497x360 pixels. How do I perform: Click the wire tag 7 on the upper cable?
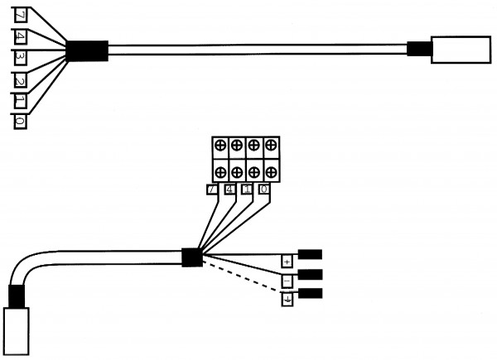[x=20, y=15]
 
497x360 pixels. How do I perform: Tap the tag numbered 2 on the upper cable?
[x=20, y=80]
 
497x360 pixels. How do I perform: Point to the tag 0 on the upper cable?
[x=20, y=122]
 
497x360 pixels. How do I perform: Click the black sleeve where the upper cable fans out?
[x=86, y=50]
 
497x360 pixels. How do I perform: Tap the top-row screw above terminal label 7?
[x=220, y=146]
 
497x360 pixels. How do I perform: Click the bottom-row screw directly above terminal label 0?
[x=270, y=172]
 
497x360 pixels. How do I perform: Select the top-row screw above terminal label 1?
[x=253, y=146]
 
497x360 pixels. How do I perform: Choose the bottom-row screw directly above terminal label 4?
[x=237, y=172]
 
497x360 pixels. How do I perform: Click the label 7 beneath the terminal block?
[x=213, y=190]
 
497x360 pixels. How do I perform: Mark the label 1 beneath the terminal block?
[x=247, y=190]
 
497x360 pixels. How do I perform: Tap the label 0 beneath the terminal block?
[x=264, y=190]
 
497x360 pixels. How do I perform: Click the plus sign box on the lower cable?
[x=287, y=261]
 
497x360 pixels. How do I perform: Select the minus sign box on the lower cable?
[x=287, y=281]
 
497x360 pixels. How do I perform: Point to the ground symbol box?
[x=287, y=300]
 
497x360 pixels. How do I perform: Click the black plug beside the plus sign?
[x=310, y=255]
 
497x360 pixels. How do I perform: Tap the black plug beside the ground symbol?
[x=310, y=293]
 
